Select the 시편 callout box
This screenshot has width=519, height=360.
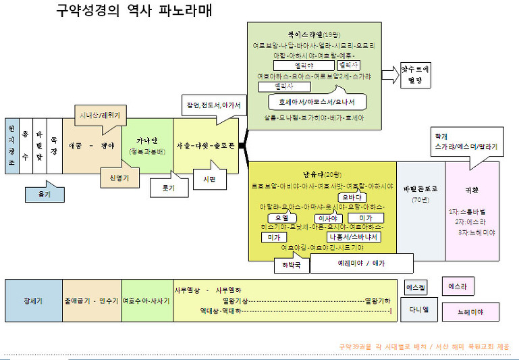pyautogui.click(x=209, y=180)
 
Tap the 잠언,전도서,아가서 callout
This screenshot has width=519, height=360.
pyautogui.click(x=213, y=105)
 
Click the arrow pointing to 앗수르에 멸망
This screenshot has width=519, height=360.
pyautogui.click(x=390, y=74)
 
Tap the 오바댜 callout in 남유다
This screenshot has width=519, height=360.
pyautogui.click(x=354, y=197)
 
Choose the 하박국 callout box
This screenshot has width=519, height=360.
pyautogui.click(x=292, y=265)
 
